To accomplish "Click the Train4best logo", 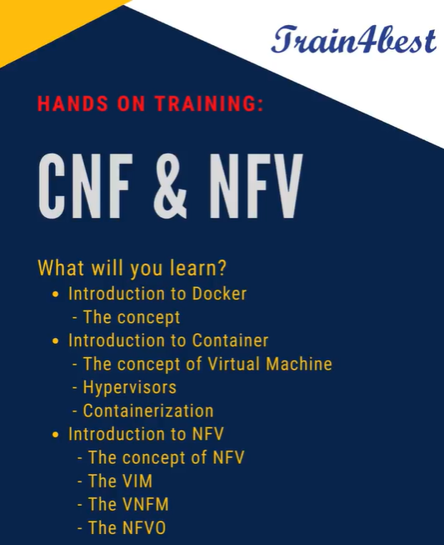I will tap(352, 39).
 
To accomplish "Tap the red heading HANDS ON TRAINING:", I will tap(151, 105).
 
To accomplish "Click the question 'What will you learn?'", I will tap(133, 269).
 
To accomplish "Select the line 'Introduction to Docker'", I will tap(157, 294).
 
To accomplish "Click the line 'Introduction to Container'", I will tap(168, 341).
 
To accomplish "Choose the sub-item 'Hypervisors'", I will tap(129, 387).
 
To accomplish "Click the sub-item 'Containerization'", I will tap(147, 411).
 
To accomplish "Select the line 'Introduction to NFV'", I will tap(146, 434).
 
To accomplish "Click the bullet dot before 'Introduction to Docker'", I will tap(56, 295).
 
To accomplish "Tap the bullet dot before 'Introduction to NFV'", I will tap(56, 435).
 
